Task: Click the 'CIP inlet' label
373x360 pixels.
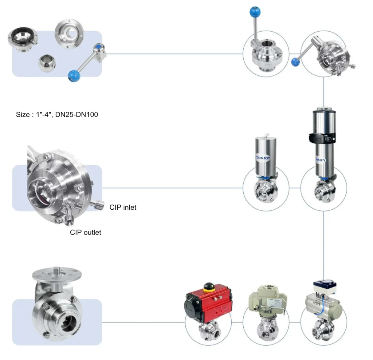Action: coord(123,207)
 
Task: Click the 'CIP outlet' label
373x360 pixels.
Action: coord(86,232)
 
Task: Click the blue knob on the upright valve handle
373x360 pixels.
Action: coord(252,12)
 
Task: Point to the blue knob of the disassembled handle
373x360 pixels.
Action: coord(74,76)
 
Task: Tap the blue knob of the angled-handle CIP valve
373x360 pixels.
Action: coord(296,62)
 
